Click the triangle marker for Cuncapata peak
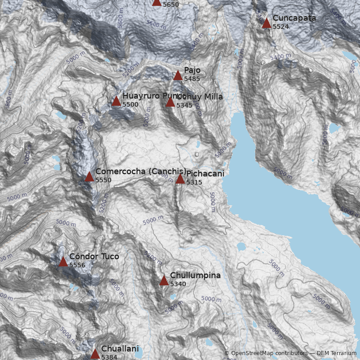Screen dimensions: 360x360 (266, 23)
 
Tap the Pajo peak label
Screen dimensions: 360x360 (192, 71)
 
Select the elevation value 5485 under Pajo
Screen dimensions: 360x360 (192, 79)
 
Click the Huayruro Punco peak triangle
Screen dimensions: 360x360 (116, 101)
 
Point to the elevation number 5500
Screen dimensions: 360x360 (130, 104)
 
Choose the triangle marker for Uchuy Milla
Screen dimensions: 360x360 (170, 102)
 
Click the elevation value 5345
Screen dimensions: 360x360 (184, 105)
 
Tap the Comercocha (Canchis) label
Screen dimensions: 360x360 (140, 171)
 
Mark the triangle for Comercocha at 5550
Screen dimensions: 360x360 (89, 176)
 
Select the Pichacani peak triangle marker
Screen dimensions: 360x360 (180, 179)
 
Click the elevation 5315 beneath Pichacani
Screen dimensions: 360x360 (194, 182)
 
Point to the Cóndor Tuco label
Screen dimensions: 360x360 (94, 256)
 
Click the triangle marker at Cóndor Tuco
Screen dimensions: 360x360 (63, 262)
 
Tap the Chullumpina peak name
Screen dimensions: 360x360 (195, 275)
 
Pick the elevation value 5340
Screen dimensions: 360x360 (178, 283)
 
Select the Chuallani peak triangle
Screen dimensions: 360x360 (95, 354)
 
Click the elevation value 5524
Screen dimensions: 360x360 (281, 27)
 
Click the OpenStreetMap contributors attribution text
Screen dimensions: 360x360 (266, 354)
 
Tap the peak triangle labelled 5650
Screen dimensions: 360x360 (157, 2)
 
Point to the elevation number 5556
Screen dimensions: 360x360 (77, 265)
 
